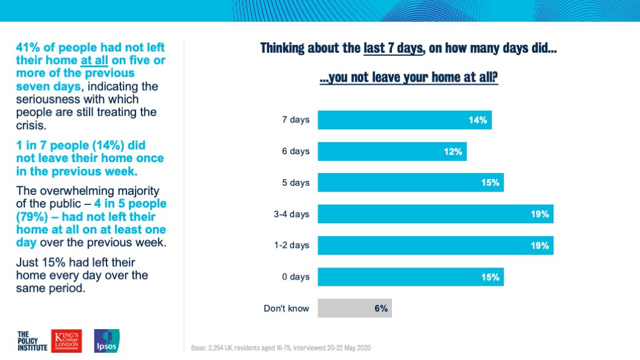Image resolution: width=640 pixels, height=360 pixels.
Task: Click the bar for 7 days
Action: (405, 120)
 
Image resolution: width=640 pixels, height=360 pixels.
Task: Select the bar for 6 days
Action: (392, 151)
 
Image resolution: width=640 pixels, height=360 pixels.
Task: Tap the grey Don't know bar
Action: (354, 308)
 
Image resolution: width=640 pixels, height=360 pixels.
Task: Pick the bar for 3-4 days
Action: (436, 214)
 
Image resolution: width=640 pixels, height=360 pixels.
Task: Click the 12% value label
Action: (453, 152)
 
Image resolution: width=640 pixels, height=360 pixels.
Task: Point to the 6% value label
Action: (381, 309)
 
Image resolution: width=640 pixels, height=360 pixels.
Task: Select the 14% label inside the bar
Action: (477, 120)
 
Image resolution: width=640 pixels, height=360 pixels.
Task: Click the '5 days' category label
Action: (296, 183)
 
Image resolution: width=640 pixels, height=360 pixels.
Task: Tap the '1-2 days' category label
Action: (292, 245)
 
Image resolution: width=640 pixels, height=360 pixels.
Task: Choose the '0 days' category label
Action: (296, 277)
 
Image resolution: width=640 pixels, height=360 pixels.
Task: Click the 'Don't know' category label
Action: (286, 308)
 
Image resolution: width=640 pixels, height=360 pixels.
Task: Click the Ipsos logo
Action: (107, 341)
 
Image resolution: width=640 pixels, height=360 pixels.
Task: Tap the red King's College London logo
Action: (67, 341)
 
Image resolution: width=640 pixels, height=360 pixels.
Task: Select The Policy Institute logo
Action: (32, 341)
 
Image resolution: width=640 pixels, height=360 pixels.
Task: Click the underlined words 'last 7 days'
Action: (393, 48)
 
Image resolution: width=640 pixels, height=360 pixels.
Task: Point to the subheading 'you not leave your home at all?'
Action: (408, 77)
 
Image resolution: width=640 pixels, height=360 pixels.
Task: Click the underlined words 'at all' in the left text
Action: (94, 61)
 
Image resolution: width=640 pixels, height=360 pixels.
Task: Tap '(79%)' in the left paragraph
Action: (32, 217)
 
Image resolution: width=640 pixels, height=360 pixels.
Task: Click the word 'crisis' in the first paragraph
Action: (31, 125)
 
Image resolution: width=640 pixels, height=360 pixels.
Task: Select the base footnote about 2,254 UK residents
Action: (281, 348)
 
